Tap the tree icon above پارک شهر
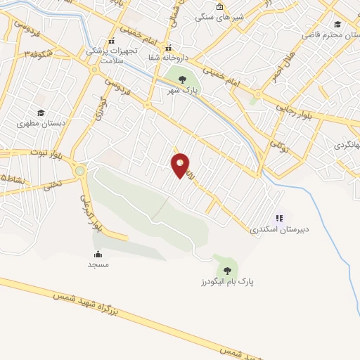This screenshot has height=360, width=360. coord(183,79)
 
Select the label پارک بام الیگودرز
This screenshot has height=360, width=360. coord(226,282)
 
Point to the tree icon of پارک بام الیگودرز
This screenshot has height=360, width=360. coord(226,269)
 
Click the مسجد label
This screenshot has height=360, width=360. coord(98,264)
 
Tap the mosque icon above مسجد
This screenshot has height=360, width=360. coord(98,254)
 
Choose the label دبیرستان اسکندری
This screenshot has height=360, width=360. coord(279,229)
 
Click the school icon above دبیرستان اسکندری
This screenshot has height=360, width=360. coord(279,218)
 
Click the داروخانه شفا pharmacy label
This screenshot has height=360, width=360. coord(168,59)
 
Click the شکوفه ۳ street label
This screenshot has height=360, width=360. coord(37,53)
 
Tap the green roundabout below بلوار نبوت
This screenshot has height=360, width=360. coord(79,169)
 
